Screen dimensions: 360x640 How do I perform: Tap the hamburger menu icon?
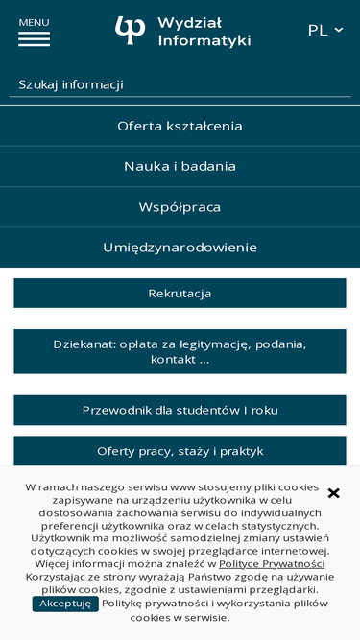[x=34, y=39]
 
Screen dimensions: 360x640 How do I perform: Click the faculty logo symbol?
[x=130, y=31]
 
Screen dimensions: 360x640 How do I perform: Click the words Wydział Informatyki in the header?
[x=204, y=31]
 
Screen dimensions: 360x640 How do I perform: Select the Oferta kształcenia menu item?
[x=180, y=126]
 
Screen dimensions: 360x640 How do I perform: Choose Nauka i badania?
[x=180, y=166]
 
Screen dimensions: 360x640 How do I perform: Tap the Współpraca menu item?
[x=180, y=207]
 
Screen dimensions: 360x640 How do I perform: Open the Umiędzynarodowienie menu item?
[x=180, y=248]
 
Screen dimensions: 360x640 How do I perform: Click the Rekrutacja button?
[x=180, y=294]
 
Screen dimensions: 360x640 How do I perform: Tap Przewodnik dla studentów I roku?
[x=180, y=411]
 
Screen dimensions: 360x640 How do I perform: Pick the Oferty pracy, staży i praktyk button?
[x=180, y=451]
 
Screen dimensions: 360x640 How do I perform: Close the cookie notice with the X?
[x=334, y=493]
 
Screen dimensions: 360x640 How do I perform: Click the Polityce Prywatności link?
[x=272, y=563]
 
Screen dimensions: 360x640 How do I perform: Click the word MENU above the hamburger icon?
[x=34, y=22]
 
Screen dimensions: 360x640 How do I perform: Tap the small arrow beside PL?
[x=339, y=30]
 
